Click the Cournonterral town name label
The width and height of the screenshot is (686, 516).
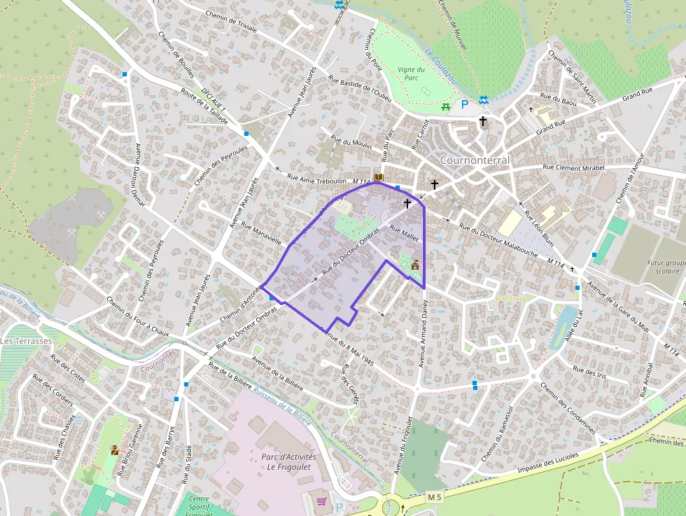point(475,160)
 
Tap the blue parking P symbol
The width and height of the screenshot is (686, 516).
point(463,105)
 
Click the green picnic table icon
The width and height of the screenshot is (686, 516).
point(446,106)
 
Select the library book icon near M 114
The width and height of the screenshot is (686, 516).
point(379,178)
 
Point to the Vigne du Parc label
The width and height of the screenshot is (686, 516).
point(411,74)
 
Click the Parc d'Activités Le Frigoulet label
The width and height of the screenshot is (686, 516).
point(288,462)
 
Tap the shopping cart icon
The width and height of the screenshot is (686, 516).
point(321,501)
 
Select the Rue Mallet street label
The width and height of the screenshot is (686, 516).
point(404,234)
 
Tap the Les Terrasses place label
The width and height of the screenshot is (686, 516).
point(26,341)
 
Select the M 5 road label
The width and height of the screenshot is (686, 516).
point(435,497)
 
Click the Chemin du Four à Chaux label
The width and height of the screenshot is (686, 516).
point(138,316)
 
